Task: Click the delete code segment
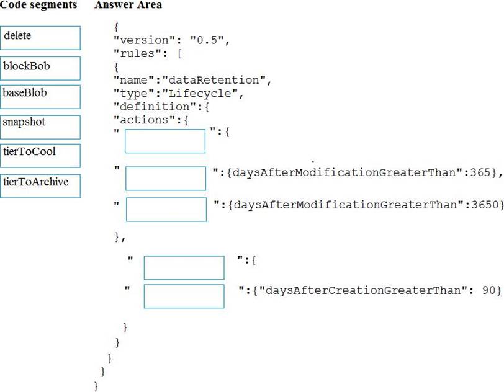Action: [41, 38]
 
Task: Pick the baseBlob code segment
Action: [41, 96]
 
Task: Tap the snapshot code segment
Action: [41, 127]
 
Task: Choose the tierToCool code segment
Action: [41, 155]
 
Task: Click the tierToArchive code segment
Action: [41, 185]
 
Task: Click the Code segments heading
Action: [38, 5]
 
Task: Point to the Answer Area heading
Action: [128, 5]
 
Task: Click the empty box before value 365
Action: [166, 178]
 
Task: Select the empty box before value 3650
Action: [166, 209]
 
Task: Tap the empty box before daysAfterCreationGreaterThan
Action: [184, 296]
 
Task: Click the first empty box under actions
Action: [165, 141]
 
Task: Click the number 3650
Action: [485, 203]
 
